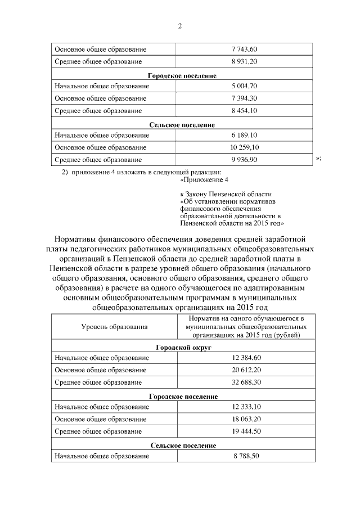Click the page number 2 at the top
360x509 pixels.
pos(180,26)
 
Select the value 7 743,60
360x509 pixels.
pos(244,49)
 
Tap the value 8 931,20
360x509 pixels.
pos(244,61)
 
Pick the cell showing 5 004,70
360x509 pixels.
pos(244,86)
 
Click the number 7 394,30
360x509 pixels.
pos(244,98)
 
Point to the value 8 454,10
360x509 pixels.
pos(244,111)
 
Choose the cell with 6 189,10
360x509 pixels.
pos(244,136)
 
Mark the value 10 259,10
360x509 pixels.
pos(244,147)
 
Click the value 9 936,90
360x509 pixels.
pos(244,160)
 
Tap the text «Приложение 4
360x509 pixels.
pos(205,180)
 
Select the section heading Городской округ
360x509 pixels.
pos(183,348)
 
